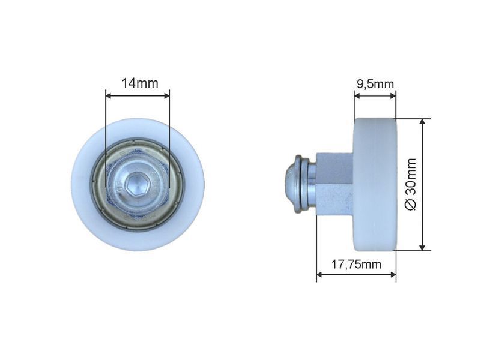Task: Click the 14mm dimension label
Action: click(140, 83)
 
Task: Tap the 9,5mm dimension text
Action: click(375, 84)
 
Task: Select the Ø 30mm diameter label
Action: click(411, 184)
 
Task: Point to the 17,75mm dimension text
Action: click(356, 265)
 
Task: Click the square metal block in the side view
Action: click(335, 184)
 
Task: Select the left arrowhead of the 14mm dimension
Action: click(109, 95)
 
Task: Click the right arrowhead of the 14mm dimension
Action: click(166, 95)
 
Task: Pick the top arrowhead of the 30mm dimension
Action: click(423, 122)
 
